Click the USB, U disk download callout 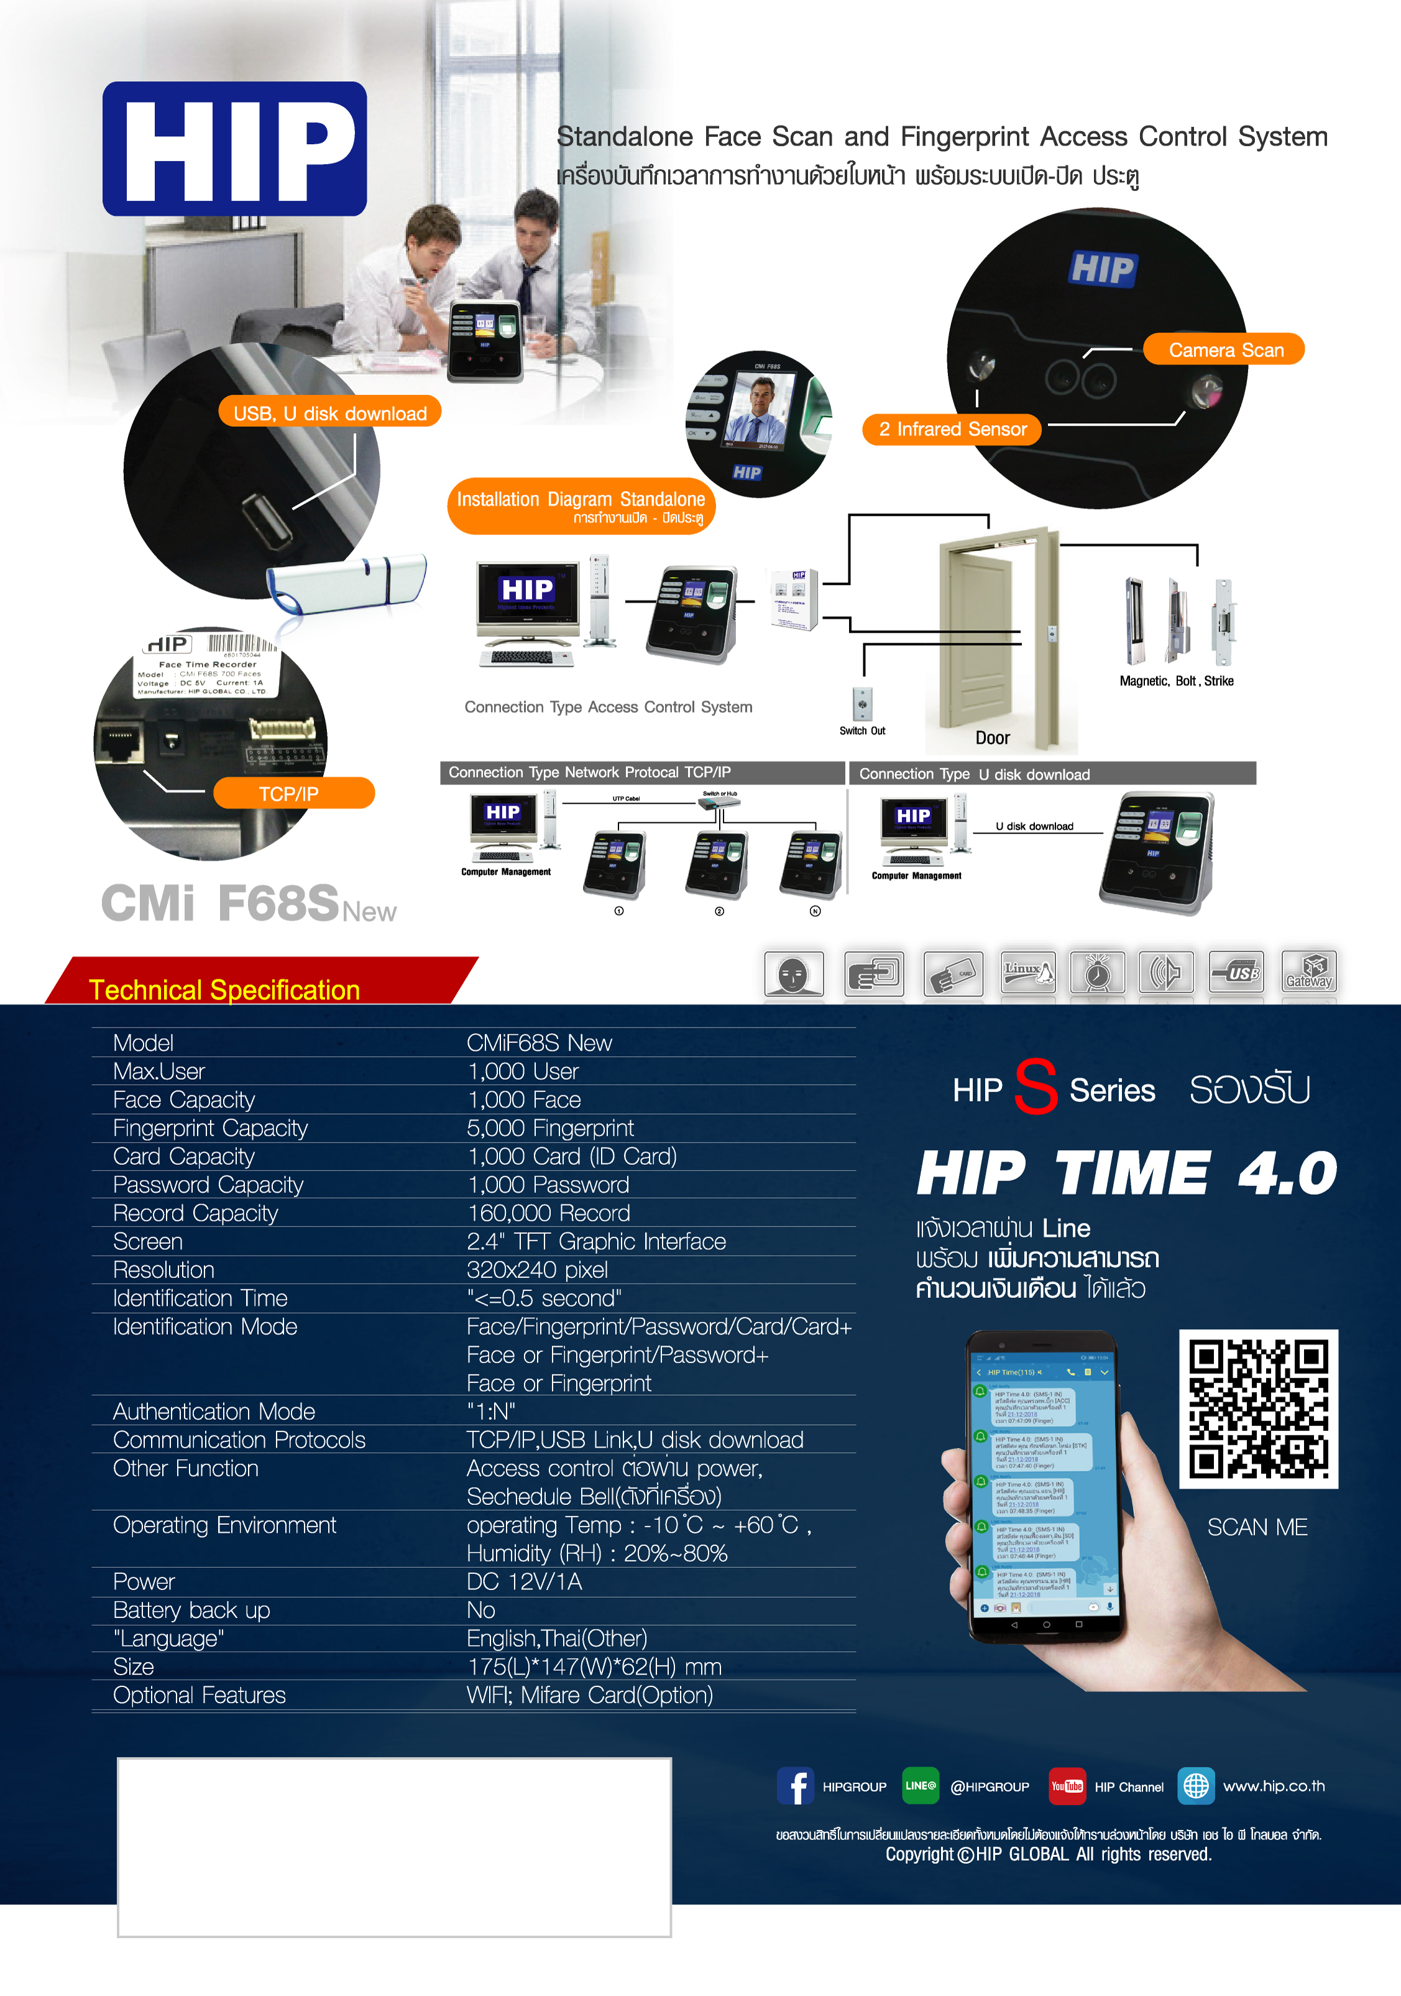pos(329,413)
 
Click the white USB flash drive pos(347,582)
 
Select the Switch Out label pos(861,731)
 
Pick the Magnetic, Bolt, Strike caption pos(1176,681)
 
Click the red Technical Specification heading pos(224,990)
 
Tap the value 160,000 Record pos(548,1213)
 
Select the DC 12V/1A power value pos(524,1582)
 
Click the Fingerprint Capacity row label pos(210,1128)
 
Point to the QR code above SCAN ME pos(1257,1409)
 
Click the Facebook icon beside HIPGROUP pos(794,1787)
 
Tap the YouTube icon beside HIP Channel pos(1067,1787)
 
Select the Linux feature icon pos(1027,973)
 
